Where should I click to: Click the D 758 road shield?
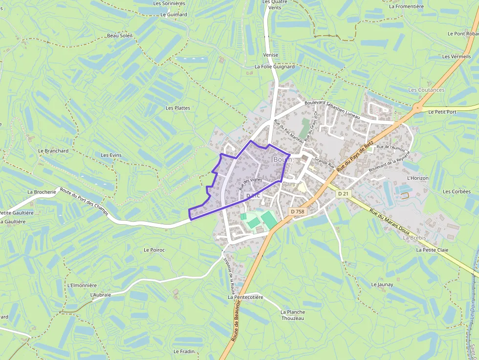tap(297, 212)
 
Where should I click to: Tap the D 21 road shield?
tap(344, 194)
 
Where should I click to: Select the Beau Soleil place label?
tap(120, 36)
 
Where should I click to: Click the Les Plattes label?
tap(178, 108)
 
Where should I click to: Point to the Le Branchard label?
tap(53, 151)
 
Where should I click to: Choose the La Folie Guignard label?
tap(275, 66)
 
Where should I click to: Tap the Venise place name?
tap(270, 55)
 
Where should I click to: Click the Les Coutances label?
tap(426, 90)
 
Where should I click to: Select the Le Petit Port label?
tap(442, 112)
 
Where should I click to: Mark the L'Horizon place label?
tap(417, 178)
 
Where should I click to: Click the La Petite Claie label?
tap(432, 250)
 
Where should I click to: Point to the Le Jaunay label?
tap(382, 284)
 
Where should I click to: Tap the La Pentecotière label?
tap(245, 297)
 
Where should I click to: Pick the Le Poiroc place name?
tap(154, 250)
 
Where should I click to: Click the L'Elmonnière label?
tap(82, 285)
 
